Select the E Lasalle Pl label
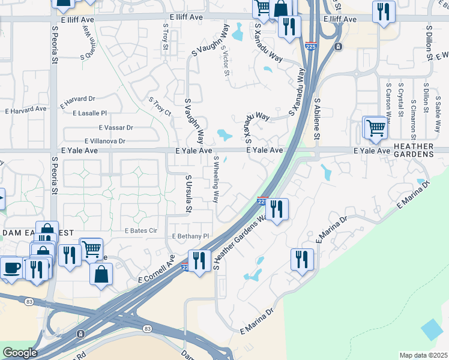coord(89,113)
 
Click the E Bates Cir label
coord(140,230)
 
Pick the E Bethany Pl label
coord(190,236)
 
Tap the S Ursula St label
coord(188,194)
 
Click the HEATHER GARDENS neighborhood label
coord(414,150)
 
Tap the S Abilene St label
coord(319,117)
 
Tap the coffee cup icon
coord(11,268)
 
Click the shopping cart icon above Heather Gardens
coord(375,128)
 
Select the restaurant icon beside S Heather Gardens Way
coord(277,210)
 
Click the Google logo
coord(19,353)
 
